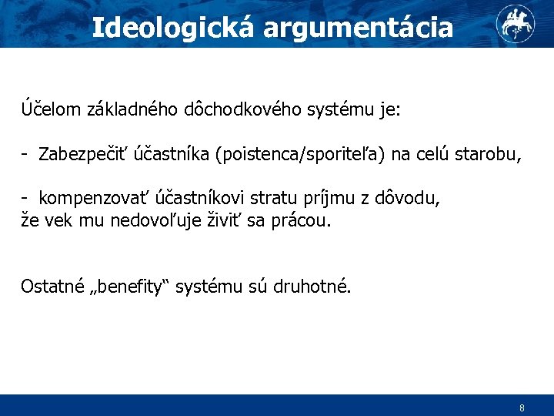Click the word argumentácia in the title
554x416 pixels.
tap(359, 29)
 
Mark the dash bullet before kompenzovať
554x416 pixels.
tap(25, 200)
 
